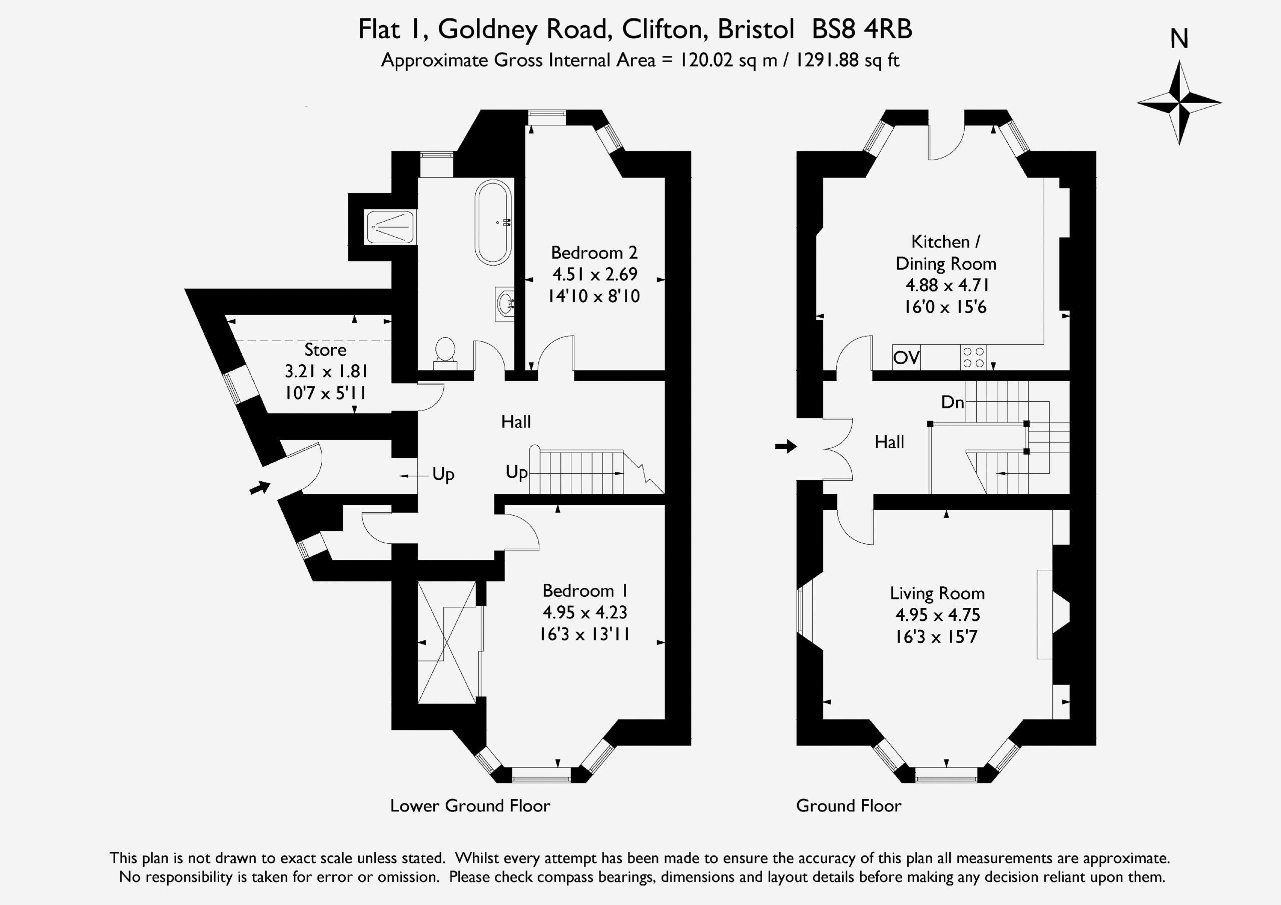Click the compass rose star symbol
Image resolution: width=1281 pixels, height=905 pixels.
pos(1179,103)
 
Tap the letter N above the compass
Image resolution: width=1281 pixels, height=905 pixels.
pos(1179,39)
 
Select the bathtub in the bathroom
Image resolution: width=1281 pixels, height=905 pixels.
pos(493,222)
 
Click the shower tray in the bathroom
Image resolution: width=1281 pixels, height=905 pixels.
pos(390,227)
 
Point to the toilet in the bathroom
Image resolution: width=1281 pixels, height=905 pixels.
pos(445,354)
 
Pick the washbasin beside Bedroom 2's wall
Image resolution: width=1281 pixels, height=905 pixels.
pos(504,304)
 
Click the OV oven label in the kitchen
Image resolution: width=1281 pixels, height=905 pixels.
pos(906,357)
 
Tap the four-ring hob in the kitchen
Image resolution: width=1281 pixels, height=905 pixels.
pos(974,357)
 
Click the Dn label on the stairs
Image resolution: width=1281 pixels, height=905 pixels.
pos(952,402)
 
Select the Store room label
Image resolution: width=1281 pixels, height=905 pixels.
pos(325,350)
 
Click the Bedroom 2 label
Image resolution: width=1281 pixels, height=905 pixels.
pos(594,253)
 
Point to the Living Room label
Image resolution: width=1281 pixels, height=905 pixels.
pos(937,594)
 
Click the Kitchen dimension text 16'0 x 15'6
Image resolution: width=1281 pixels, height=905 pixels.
pos(946,307)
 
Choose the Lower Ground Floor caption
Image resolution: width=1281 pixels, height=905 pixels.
pos(470,805)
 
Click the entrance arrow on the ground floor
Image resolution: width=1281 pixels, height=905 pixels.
pos(786,446)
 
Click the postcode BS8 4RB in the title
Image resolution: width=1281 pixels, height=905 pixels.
pos(862,30)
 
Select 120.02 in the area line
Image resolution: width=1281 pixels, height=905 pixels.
pos(706,60)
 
